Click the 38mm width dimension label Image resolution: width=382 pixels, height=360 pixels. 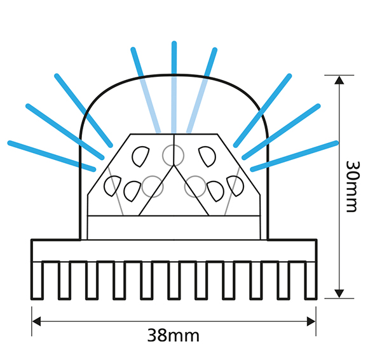click(174, 335)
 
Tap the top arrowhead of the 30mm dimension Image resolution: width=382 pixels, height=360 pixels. click(339, 80)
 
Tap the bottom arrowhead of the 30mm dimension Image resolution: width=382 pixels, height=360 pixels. click(339, 294)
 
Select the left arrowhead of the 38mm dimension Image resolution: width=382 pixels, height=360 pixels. click(36, 321)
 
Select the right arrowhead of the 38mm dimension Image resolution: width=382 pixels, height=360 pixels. click(311, 321)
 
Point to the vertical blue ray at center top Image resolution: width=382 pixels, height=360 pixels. click(174, 88)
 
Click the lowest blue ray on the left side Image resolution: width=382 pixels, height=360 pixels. click(51, 156)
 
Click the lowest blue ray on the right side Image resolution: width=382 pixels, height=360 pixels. click(294, 156)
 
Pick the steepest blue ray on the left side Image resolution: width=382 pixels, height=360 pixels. click(83, 110)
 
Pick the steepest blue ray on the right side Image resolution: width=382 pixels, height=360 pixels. click(263, 110)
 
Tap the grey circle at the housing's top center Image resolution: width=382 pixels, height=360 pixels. click(174, 156)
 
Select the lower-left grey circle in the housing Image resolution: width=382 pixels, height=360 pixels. click(153, 187)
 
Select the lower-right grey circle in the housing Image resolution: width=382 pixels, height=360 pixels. click(195, 187)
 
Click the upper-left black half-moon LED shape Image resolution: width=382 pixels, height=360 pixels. click(140, 157)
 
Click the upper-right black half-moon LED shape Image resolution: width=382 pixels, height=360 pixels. click(207, 157)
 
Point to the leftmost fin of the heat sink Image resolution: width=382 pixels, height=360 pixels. click(38, 280)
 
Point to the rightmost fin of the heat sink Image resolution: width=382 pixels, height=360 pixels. click(311, 280)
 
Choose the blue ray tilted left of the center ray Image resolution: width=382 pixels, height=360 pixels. click(146, 90)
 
